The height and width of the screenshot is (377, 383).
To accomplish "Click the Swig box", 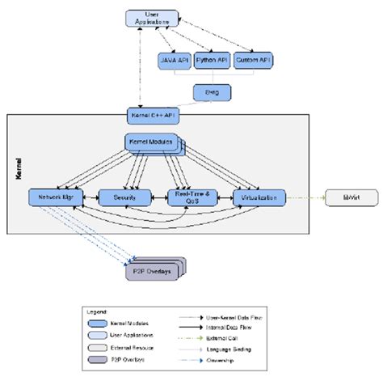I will tap(210, 93).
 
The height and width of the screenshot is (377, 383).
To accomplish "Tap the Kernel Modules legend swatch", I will tap(103, 322).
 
